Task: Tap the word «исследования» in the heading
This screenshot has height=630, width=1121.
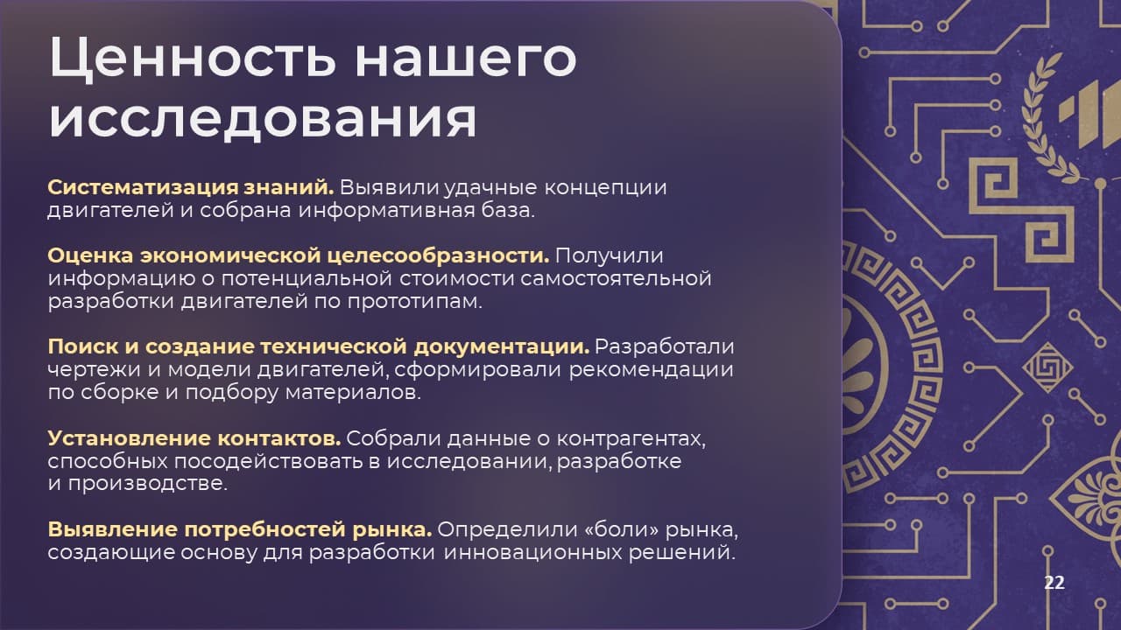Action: coord(263,120)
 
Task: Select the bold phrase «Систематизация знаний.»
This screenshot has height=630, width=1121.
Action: coord(191,187)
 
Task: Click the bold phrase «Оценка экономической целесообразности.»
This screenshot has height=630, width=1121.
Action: coord(299,255)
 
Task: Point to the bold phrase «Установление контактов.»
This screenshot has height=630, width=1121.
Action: coord(194,438)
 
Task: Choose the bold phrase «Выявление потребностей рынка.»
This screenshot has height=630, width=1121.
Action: coord(240,529)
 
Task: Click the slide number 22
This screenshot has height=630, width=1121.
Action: coord(1054,583)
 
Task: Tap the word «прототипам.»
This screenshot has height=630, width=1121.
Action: coord(415,302)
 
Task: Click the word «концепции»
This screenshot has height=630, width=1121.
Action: coord(605,188)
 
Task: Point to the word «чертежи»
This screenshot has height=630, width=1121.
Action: coord(95,370)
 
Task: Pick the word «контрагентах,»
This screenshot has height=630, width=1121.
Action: coord(631,439)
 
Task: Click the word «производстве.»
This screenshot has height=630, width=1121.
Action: coord(148,484)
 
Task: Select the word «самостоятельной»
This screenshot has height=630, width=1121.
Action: coord(616,278)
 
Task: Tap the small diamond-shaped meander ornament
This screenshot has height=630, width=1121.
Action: coord(1047,367)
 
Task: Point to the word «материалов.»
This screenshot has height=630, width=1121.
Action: coord(353,393)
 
